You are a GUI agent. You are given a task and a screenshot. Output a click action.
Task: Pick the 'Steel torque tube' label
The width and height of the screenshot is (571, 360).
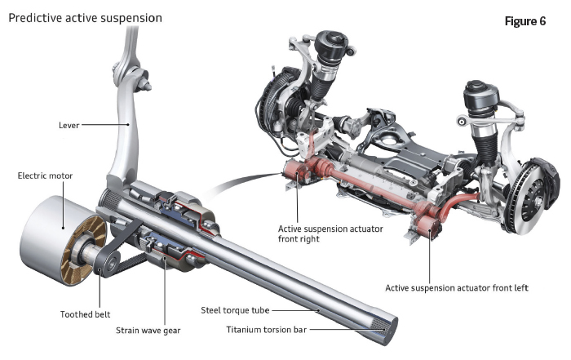coord(236,309)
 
